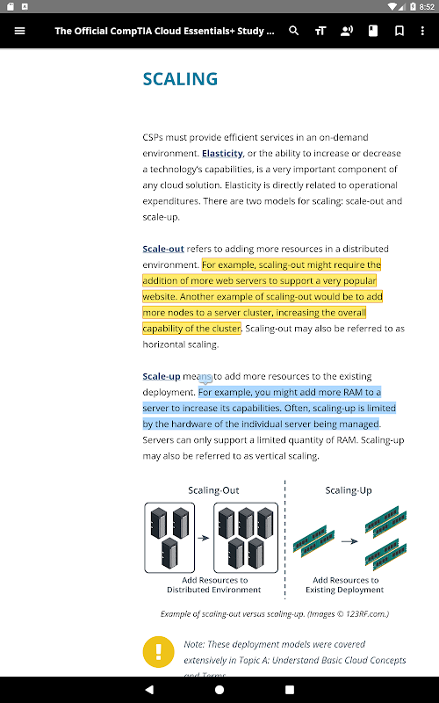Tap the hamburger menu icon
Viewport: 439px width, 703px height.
click(19, 31)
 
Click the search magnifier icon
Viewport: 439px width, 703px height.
click(294, 31)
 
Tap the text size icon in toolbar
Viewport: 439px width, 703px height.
click(320, 31)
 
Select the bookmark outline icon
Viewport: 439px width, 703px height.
click(399, 31)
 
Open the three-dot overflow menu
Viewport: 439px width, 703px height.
click(422, 31)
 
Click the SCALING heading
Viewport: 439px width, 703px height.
click(180, 79)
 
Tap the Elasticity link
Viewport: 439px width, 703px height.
click(222, 153)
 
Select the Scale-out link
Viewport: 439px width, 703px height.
click(163, 249)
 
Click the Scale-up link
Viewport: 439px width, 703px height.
click(162, 376)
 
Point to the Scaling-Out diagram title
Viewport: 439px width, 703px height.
click(213, 490)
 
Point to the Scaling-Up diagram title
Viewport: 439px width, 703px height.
click(349, 490)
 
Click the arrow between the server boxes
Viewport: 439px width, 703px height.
click(204, 538)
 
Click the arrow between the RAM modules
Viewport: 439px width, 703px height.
click(349, 541)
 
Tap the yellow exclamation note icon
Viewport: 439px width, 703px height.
click(159, 652)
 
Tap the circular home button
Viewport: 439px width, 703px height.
click(219, 690)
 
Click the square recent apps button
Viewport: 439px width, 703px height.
click(290, 690)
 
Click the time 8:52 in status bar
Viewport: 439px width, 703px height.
click(427, 7)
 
